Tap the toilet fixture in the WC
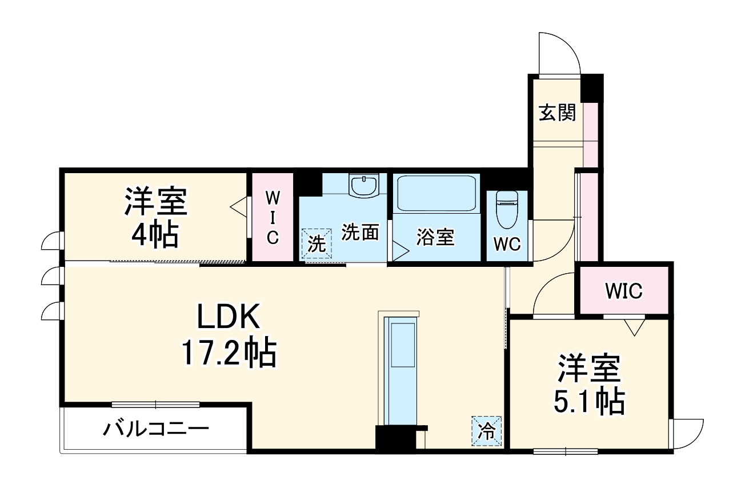(x=506, y=209)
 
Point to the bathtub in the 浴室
(x=436, y=193)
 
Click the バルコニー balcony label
(x=155, y=429)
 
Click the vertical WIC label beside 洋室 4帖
(x=273, y=218)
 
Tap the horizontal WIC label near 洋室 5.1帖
(x=624, y=291)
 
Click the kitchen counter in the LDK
(x=402, y=371)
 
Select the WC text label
(x=507, y=244)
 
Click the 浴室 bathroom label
(x=435, y=237)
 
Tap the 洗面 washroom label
(x=361, y=233)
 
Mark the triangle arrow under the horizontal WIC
(x=634, y=327)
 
